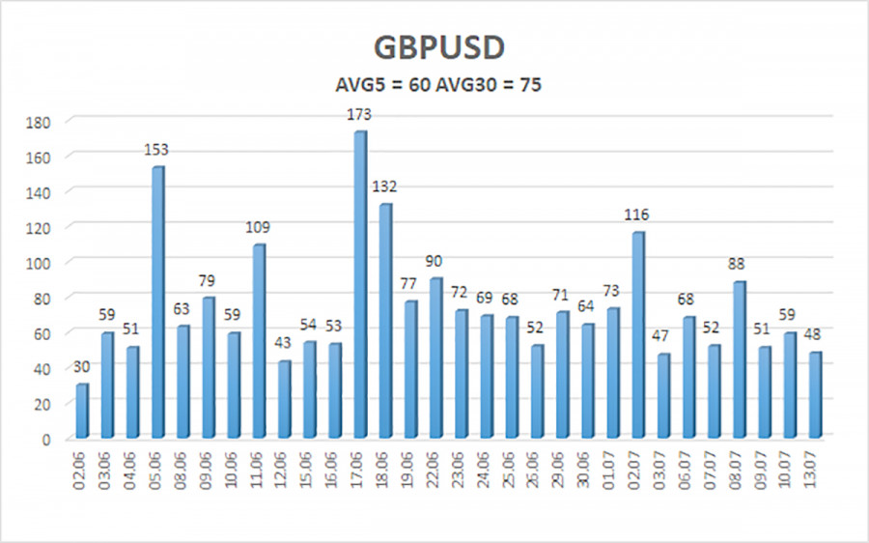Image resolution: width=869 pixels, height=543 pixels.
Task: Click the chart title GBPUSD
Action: click(439, 47)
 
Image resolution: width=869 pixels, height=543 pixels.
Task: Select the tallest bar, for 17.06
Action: click(360, 284)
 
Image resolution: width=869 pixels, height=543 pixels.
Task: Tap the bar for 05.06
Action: click(158, 302)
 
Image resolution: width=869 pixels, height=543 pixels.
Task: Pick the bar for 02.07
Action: click(638, 335)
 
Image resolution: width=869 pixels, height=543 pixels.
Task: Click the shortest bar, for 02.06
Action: click(82, 411)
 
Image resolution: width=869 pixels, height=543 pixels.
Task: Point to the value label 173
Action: click(359, 115)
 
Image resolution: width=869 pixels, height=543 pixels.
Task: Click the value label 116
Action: click(636, 214)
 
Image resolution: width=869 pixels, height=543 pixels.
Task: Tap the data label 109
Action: click(257, 227)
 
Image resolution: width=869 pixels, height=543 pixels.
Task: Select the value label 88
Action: click(736, 264)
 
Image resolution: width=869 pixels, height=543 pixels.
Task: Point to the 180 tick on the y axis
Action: click(39, 123)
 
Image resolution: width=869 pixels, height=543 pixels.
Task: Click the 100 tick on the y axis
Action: click(39, 264)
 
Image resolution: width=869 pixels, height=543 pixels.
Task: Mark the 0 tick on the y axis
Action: click(46, 440)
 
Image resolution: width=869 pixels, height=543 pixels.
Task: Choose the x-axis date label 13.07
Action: click(813, 471)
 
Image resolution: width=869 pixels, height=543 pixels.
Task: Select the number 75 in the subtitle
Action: click(530, 85)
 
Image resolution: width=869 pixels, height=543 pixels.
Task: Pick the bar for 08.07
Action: click(740, 360)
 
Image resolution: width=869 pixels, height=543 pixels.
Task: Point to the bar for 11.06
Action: click(260, 341)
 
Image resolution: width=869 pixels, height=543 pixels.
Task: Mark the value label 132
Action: click(384, 186)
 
